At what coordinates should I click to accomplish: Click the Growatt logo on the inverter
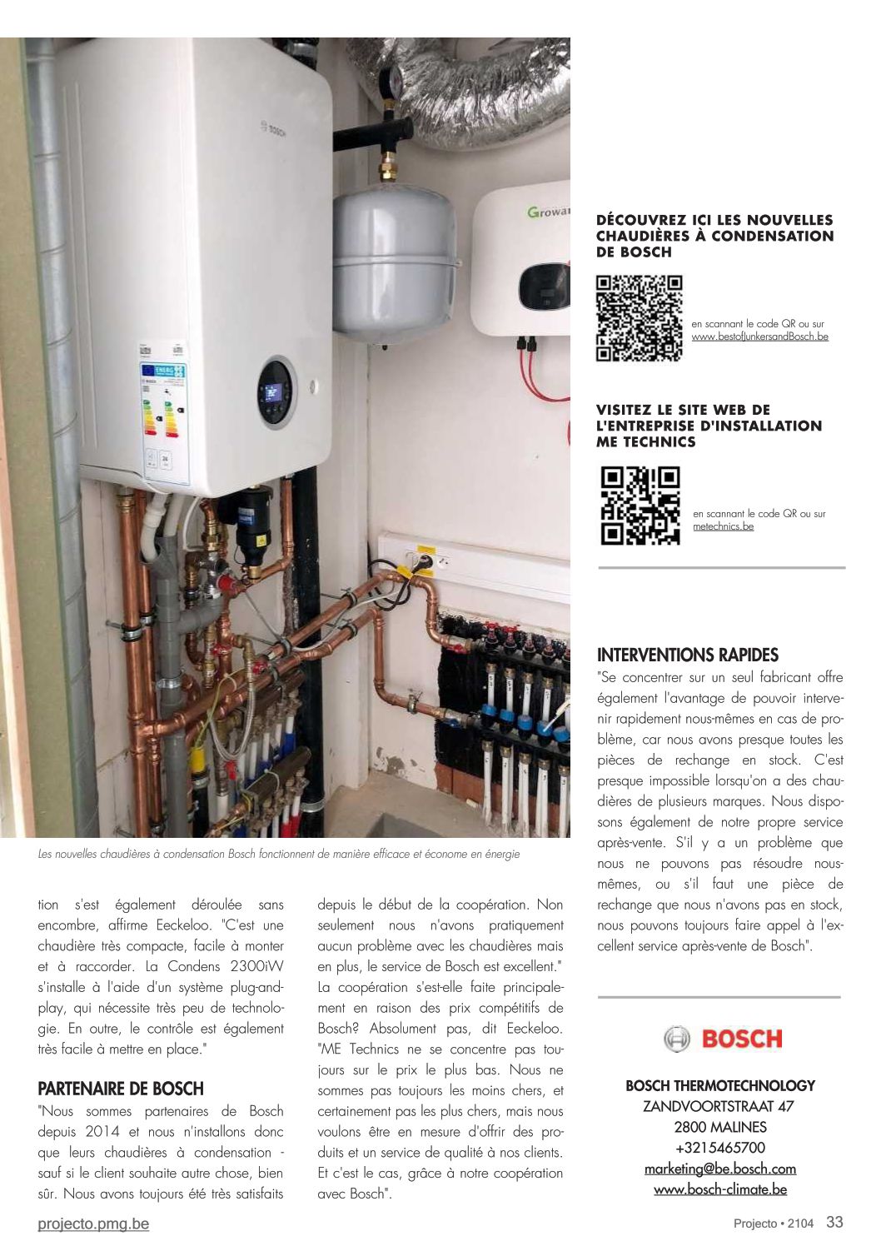click(548, 212)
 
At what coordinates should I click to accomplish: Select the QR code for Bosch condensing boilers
click(639, 318)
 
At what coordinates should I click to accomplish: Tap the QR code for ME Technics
click(640, 506)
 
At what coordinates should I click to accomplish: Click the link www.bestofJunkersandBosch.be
click(759, 336)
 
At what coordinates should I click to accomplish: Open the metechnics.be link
click(723, 526)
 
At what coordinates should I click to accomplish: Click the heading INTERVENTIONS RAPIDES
click(688, 655)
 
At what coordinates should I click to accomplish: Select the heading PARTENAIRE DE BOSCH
click(121, 1089)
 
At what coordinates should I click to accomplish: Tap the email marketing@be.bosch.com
click(720, 1169)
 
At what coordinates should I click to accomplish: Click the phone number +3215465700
click(720, 1148)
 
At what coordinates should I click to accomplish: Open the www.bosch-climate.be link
click(720, 1189)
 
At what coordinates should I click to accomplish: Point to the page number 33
click(834, 1222)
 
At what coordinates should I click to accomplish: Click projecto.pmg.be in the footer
click(93, 1224)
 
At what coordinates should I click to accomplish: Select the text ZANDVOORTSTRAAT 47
click(719, 1106)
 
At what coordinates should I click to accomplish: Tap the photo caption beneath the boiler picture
click(279, 855)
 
